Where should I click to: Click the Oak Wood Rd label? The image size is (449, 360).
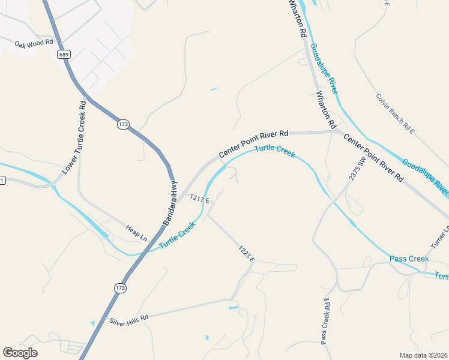coord(34,44)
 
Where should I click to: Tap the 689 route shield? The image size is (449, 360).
coord(63,55)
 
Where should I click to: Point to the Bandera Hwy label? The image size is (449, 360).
coord(170,203)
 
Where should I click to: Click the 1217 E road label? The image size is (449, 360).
coord(199,199)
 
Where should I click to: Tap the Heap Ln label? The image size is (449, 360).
coord(136,233)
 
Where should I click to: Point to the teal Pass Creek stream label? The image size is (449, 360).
coord(409,259)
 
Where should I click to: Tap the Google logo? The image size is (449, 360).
coord(20,353)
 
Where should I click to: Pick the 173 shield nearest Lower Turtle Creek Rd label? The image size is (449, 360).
coord(123,124)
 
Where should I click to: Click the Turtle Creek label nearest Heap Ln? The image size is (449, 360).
coord(178,236)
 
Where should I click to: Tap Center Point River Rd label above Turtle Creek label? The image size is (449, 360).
coord(253,145)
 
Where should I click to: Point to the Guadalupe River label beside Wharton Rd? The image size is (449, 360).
coord(325,67)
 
